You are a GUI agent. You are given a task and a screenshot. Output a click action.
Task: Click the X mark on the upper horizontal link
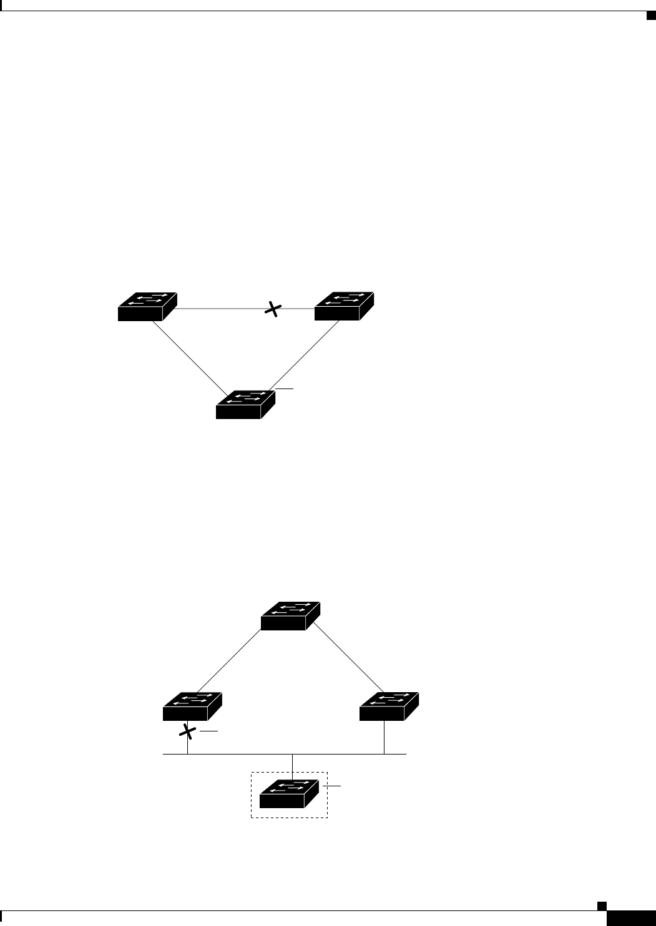[273, 309]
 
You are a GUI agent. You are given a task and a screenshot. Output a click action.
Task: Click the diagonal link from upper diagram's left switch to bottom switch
[189, 357]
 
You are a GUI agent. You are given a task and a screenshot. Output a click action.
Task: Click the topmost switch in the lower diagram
[290, 616]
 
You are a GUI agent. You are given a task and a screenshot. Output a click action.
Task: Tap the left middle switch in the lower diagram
[192, 707]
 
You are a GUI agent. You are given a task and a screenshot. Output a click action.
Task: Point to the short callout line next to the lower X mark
[209, 730]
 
